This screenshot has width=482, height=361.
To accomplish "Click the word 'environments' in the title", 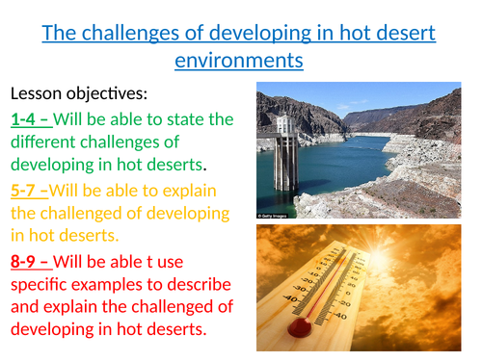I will [239, 61].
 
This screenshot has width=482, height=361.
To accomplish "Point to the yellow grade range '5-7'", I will [27, 190].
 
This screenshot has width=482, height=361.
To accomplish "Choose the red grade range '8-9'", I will [27, 260].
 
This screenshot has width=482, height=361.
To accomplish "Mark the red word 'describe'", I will [192, 283].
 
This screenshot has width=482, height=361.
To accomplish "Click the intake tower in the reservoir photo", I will [285, 144].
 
